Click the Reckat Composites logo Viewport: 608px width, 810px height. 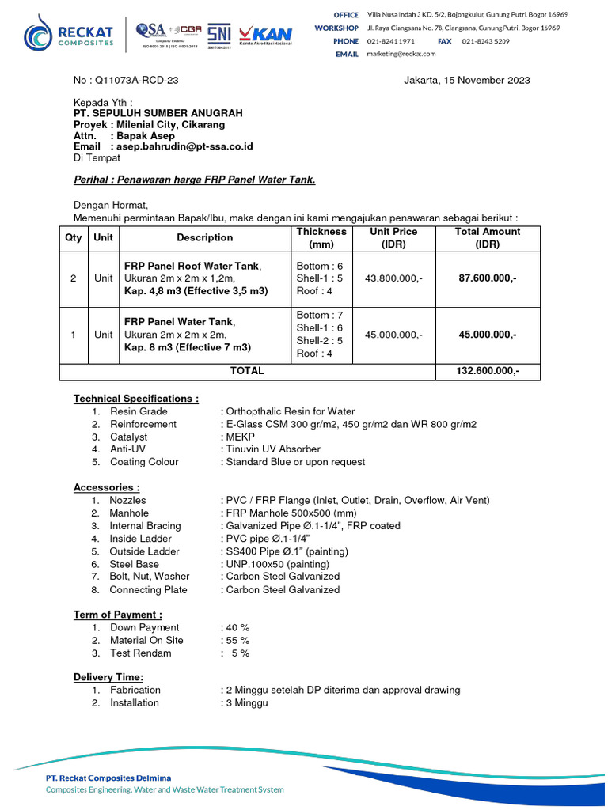click(68, 34)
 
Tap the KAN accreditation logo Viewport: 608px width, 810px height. click(266, 35)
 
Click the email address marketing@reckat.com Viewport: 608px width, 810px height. click(401, 54)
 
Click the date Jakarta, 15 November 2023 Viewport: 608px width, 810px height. click(467, 80)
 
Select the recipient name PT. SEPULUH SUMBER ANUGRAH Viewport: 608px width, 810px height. click(158, 113)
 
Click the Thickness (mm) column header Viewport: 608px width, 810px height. click(321, 237)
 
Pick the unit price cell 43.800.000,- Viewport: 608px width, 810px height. click(393, 278)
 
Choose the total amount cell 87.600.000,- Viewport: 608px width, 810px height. click(488, 278)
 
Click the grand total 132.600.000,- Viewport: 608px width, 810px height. click(488, 371)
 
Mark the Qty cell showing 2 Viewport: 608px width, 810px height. click(74, 278)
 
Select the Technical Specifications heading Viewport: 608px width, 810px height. click(136, 399)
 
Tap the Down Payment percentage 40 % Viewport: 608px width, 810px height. click(236, 627)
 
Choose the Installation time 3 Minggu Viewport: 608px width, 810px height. click(246, 702)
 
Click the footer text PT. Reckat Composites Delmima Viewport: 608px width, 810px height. click(108, 778)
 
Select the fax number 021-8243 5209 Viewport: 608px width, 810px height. click(486, 40)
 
